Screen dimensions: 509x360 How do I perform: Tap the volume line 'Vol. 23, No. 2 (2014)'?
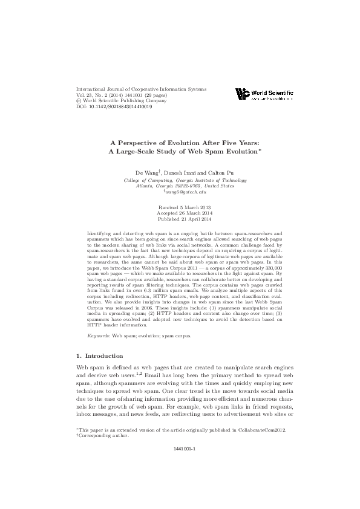[103, 95]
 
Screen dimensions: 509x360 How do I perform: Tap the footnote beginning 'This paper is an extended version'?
[180, 429]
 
